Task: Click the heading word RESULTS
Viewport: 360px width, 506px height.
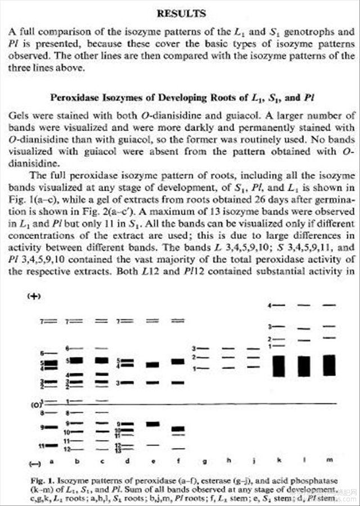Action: (181, 13)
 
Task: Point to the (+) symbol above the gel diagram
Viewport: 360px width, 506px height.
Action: (33, 296)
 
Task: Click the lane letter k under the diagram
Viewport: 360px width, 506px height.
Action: (275, 459)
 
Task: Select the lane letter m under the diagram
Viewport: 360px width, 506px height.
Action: (329, 459)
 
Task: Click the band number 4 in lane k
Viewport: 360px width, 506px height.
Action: (270, 305)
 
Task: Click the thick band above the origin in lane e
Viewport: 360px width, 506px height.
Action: (152, 364)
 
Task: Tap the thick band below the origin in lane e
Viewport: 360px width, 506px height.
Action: (152, 424)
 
